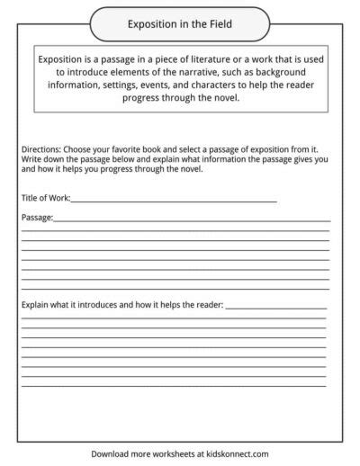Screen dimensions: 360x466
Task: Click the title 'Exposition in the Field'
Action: coord(180,19)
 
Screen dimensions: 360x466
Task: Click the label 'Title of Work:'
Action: coord(45,197)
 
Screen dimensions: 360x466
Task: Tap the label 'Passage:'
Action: coord(37,217)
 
